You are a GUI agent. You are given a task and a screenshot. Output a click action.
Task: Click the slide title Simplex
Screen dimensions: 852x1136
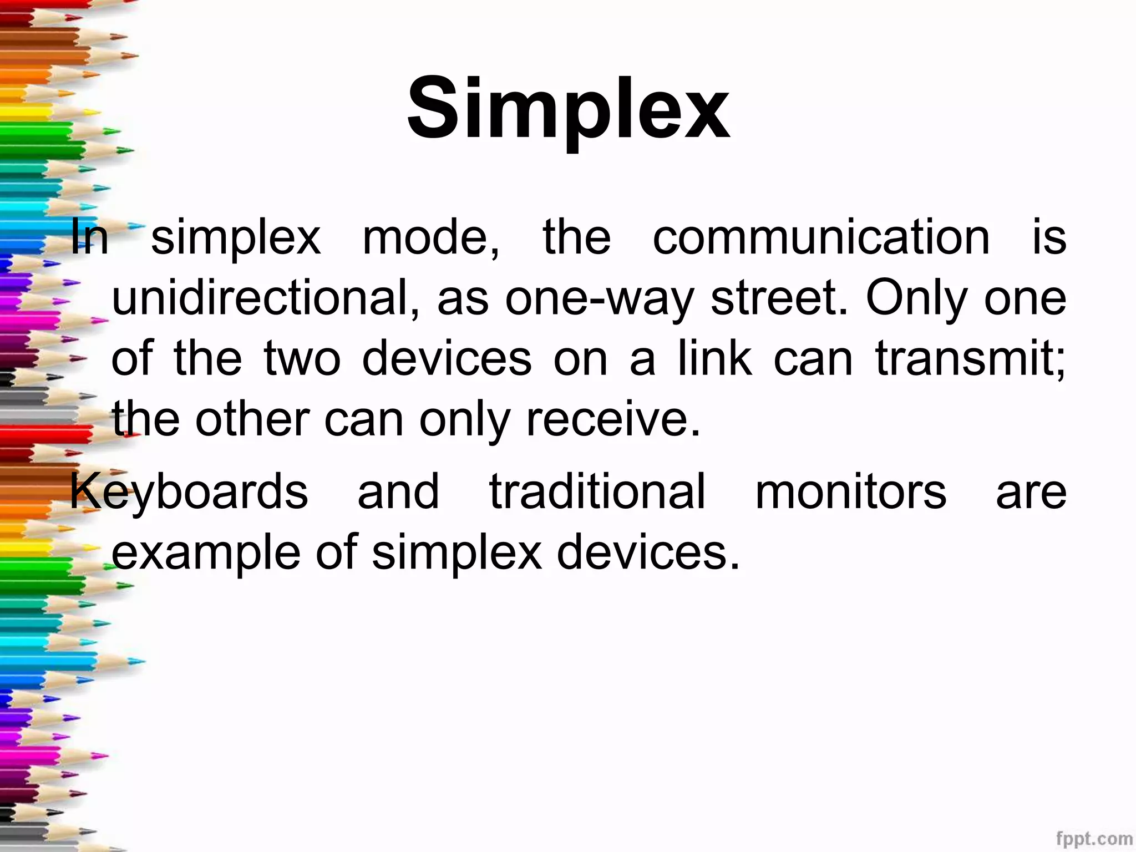(568, 108)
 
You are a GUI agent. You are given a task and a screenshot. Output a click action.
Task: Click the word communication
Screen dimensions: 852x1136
(821, 237)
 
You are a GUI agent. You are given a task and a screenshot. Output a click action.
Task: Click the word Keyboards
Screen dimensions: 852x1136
(189, 492)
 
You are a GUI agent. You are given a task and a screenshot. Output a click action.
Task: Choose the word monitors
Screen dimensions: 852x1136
(851, 492)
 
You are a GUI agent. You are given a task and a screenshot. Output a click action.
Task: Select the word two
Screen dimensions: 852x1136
(302, 359)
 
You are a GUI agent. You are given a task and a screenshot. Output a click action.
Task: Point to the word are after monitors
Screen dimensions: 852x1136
(1031, 493)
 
